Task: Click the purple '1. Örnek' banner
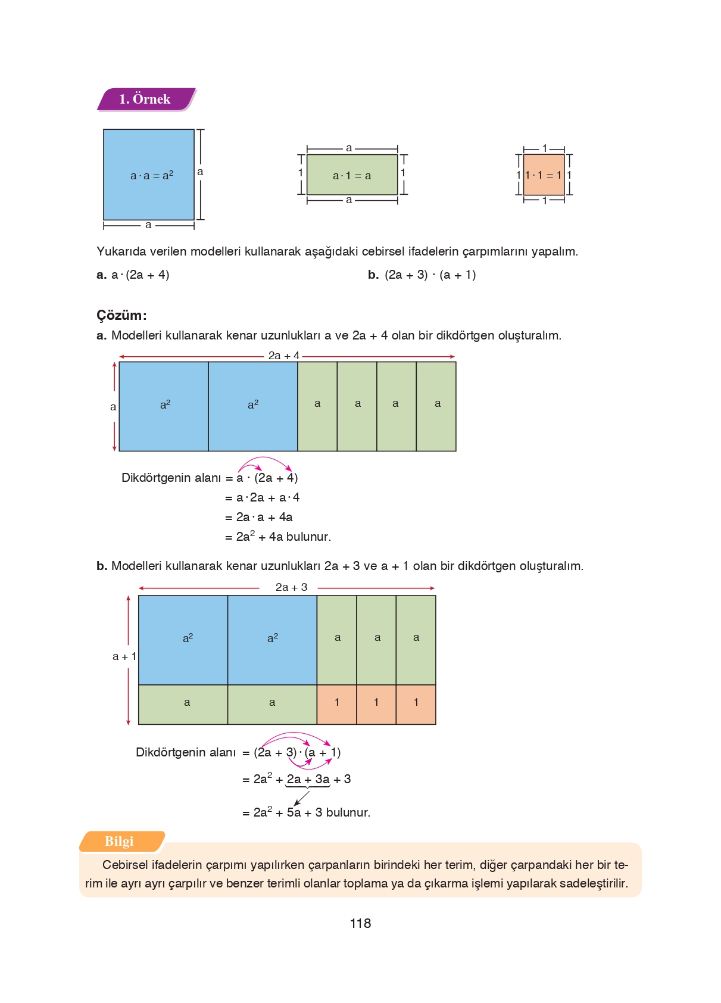click(x=145, y=99)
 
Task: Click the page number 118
click(x=360, y=923)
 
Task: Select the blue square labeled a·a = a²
click(x=149, y=175)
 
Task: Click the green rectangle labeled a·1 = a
click(x=352, y=175)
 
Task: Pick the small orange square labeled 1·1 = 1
click(x=544, y=175)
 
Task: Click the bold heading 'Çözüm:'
click(x=121, y=315)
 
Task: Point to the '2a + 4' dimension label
click(x=283, y=356)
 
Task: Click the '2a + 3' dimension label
click(x=291, y=587)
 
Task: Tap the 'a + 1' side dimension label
click(x=124, y=656)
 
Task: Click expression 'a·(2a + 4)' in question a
click(x=141, y=275)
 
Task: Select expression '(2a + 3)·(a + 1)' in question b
click(x=430, y=275)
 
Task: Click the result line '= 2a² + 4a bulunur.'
click(x=277, y=537)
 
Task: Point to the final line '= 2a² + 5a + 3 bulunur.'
click(x=306, y=812)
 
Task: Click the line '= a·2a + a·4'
click(x=262, y=497)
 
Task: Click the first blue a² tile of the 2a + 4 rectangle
click(x=164, y=406)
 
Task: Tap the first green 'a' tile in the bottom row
click(x=183, y=704)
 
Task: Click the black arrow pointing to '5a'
click(x=302, y=798)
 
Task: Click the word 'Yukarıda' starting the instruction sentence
click(x=121, y=251)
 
